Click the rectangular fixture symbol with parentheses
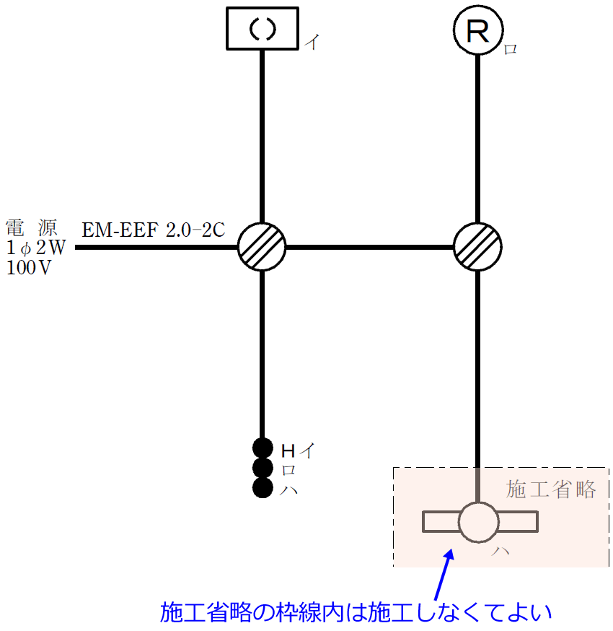262,28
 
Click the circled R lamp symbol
477,30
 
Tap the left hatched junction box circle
262,247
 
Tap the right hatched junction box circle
477,247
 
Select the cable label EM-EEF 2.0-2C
154,230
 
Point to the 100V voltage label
30,268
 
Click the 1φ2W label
36,248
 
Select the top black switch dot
262,448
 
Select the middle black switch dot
262,468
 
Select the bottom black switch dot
262,488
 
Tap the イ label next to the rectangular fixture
311,42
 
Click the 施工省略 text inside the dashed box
551,489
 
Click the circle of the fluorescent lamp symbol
478,521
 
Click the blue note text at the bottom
356,613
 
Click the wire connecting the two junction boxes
369,247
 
